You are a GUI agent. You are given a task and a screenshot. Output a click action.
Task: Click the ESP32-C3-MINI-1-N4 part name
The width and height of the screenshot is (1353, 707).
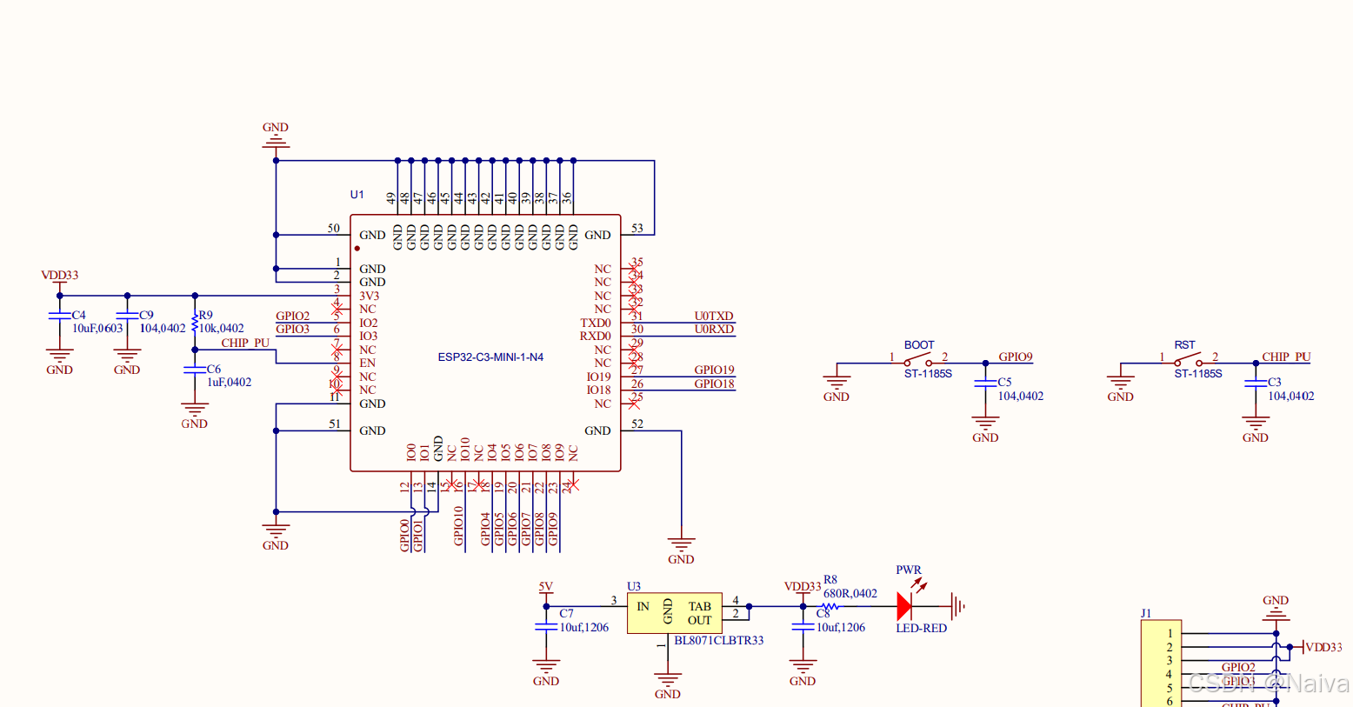pos(490,357)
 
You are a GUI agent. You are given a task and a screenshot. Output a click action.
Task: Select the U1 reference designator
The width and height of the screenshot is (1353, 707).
pos(357,195)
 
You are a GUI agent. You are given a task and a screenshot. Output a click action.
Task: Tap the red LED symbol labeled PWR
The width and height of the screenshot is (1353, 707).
pos(905,606)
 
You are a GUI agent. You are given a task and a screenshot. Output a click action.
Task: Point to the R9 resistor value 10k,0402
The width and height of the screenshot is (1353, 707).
pos(222,329)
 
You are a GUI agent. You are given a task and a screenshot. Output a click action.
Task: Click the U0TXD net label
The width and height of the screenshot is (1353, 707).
pos(714,317)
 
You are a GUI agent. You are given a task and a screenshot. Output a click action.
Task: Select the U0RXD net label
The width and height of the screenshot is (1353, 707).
pos(714,330)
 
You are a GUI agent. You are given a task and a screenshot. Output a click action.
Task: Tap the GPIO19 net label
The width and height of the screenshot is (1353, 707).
pos(714,370)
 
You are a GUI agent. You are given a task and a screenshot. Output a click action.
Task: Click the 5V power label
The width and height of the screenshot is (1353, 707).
pos(545,587)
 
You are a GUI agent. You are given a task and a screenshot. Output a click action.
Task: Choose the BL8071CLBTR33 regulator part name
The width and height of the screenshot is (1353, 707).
pos(719,641)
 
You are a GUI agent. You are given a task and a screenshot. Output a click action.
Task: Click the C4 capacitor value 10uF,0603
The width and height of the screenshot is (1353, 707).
pos(97,329)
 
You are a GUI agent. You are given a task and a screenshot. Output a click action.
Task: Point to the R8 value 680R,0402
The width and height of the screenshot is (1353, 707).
pos(850,594)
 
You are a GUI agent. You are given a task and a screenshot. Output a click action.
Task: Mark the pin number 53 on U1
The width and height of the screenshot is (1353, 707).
pos(637,229)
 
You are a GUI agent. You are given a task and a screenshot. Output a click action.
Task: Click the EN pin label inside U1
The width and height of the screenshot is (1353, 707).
pos(368,364)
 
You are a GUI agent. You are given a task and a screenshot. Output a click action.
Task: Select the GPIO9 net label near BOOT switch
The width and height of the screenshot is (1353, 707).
pos(1015,357)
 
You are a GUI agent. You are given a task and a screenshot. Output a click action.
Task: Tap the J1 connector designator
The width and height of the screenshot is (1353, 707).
pos(1146,614)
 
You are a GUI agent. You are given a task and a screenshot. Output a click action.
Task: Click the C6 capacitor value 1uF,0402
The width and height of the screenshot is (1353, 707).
pos(229,383)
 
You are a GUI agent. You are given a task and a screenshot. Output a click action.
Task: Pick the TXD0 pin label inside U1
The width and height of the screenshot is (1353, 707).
pos(596,323)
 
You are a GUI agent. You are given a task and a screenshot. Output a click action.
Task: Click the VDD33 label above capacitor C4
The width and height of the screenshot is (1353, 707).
pos(60,276)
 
